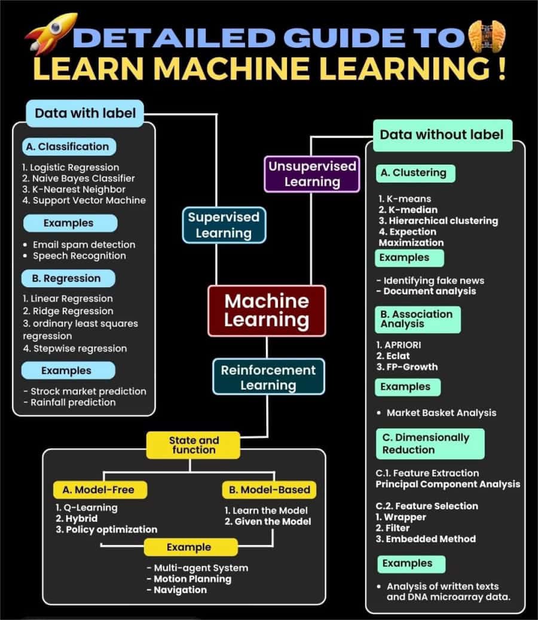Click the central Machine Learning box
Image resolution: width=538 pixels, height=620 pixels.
[x=267, y=310]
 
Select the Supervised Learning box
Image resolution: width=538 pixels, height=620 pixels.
[x=223, y=224]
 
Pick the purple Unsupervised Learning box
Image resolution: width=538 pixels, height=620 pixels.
[x=311, y=174]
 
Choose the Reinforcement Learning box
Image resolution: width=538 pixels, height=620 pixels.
[x=268, y=377]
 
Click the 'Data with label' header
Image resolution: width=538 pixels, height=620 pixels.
[x=85, y=113]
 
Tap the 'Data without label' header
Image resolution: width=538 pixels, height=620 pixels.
[x=442, y=134]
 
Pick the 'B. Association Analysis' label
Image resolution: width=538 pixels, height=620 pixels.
[x=418, y=319]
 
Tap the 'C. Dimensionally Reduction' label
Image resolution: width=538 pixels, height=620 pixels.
[x=429, y=443]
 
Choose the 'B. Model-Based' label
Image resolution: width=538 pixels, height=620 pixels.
[x=270, y=490]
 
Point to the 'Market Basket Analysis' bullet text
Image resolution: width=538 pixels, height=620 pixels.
[x=441, y=412]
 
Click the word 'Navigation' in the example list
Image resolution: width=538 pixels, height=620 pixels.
[x=180, y=589]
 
